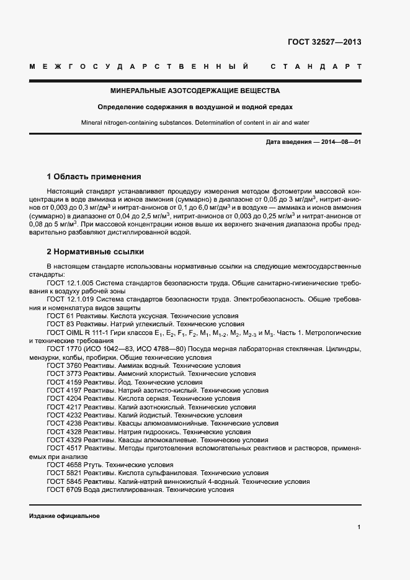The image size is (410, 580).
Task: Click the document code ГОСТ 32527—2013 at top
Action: (324, 43)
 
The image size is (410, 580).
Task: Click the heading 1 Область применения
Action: (94, 177)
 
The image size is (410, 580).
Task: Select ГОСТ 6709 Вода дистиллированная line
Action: (140, 489)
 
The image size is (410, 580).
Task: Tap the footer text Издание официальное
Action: (64, 516)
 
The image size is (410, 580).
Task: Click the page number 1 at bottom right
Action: (359, 527)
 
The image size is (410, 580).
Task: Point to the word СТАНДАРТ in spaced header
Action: (315, 66)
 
